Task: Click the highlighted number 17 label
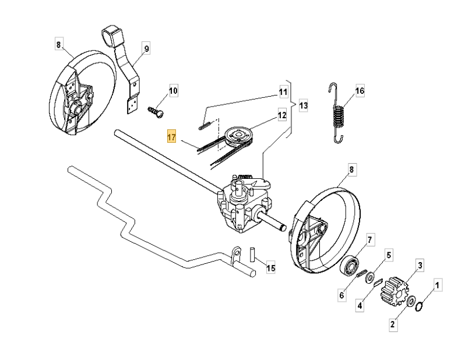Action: [x=171, y=137]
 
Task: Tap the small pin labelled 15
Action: [x=253, y=256]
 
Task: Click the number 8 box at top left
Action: [x=58, y=44]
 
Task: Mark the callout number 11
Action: [x=283, y=92]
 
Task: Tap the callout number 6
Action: [x=342, y=295]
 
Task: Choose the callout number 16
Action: [x=360, y=91]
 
